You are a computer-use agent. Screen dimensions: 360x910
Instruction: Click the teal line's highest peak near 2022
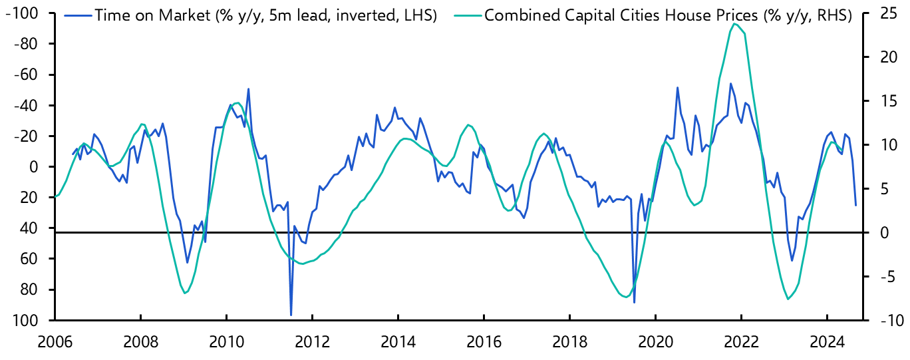[734, 24]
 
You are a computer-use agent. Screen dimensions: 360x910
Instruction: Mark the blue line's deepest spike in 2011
[291, 315]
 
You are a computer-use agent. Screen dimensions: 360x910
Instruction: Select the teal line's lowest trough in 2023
[788, 299]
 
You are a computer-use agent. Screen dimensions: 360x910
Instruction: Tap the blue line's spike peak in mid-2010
[248, 89]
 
